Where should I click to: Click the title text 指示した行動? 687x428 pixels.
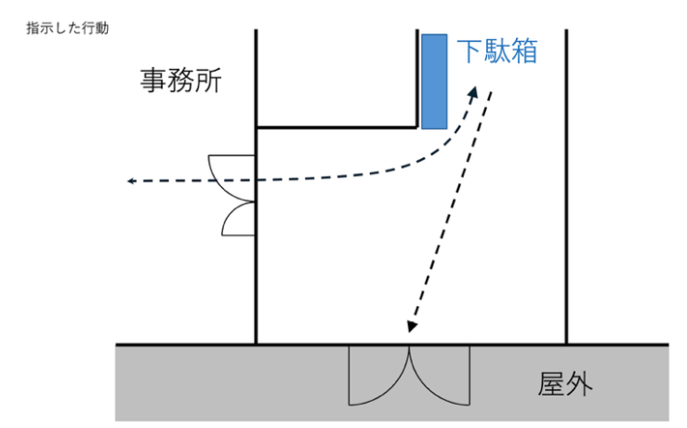point(68,28)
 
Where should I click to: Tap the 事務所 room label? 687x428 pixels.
point(181,82)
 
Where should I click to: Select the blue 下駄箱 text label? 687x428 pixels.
point(497,50)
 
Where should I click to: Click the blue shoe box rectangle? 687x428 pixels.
point(434,81)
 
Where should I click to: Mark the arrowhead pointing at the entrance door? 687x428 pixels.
point(411,325)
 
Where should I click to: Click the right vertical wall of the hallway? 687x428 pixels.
point(566,186)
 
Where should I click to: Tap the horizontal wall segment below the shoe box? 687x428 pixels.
point(335,127)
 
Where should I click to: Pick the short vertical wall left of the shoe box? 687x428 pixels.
point(416,79)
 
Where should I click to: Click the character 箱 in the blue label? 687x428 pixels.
point(524,50)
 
